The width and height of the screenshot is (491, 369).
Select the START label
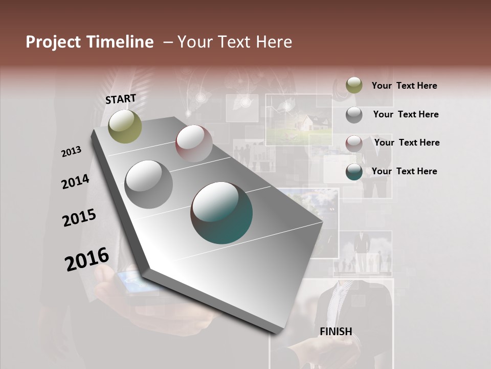[121, 99]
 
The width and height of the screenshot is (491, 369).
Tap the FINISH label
[336, 331]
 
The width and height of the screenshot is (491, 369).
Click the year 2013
[72, 152]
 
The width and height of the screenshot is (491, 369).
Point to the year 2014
[76, 181]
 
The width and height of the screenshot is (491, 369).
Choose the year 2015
[79, 218]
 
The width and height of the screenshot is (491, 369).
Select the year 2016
[87, 259]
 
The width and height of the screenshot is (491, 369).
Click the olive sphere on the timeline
[125, 127]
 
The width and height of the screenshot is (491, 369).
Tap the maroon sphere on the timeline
[194, 144]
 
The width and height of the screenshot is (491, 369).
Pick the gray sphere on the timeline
[149, 184]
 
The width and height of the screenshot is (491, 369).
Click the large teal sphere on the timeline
[221, 213]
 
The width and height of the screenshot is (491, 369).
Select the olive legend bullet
[354, 86]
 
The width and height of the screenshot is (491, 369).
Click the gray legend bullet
[354, 115]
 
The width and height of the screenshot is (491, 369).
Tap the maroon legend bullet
[354, 143]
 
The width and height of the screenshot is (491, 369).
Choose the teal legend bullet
[354, 172]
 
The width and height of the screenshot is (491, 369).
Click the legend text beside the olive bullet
[404, 86]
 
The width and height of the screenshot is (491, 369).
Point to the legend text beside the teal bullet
[404, 171]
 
